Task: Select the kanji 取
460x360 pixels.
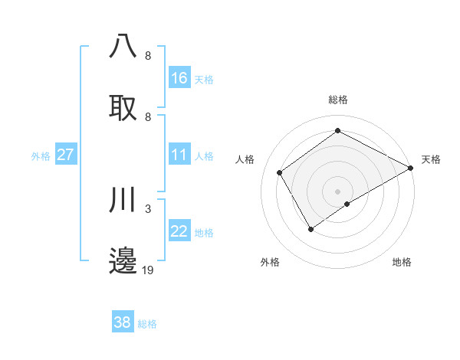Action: click(x=123, y=108)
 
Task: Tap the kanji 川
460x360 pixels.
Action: click(x=123, y=201)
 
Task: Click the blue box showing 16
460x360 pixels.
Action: click(x=179, y=78)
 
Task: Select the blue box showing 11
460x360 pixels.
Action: click(x=179, y=155)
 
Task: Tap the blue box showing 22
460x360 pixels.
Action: click(x=179, y=231)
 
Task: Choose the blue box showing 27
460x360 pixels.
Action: click(x=66, y=155)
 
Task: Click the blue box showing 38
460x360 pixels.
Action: click(x=123, y=322)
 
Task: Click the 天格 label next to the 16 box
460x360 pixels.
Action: click(x=204, y=80)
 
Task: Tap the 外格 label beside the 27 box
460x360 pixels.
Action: click(x=41, y=156)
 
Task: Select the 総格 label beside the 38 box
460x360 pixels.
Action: click(x=147, y=324)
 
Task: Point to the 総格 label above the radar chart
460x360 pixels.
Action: click(x=337, y=100)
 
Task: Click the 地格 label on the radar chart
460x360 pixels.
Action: click(x=402, y=263)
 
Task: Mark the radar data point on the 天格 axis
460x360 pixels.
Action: click(x=412, y=169)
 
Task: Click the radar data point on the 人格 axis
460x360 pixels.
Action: click(x=280, y=172)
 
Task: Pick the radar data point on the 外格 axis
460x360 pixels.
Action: click(x=310, y=228)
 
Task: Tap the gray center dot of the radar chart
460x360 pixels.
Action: click(x=337, y=191)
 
